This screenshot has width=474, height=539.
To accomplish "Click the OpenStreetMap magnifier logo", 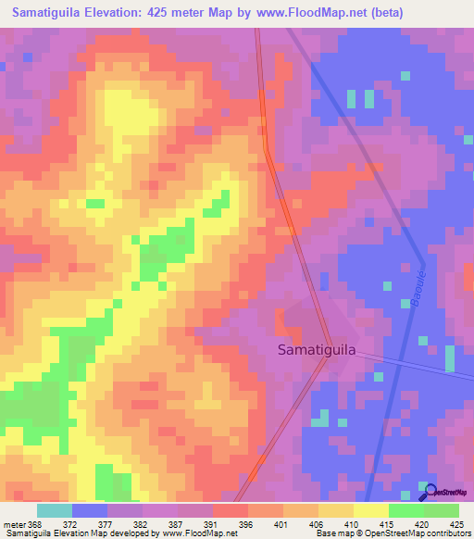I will (429, 492).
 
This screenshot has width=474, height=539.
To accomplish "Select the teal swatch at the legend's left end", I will (55, 510).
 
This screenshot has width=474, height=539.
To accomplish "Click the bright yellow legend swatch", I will (371, 510).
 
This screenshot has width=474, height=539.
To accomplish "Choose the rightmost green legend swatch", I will (442, 510).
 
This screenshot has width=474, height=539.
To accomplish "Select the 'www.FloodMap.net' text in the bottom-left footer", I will (195, 533).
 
